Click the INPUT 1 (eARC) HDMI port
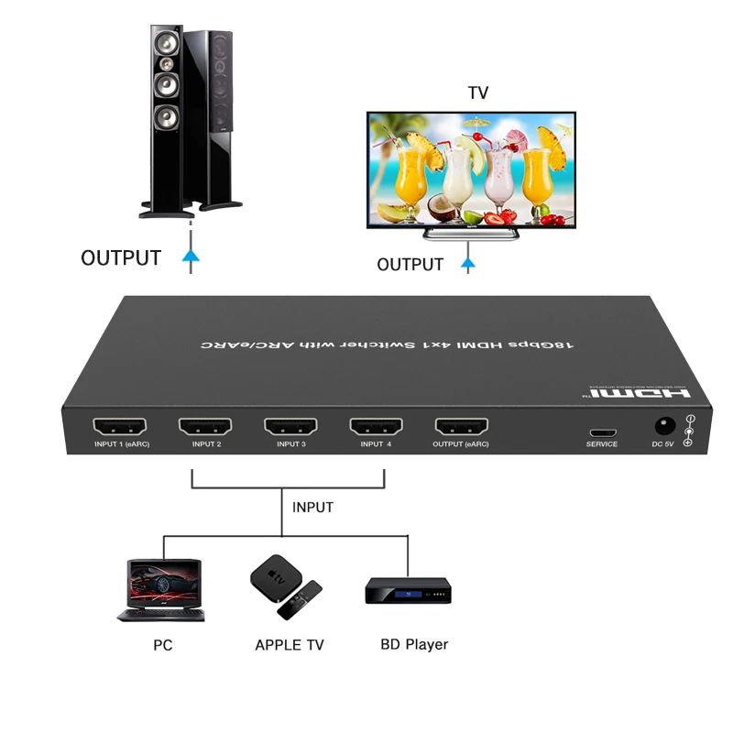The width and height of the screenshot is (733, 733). pyautogui.click(x=120, y=426)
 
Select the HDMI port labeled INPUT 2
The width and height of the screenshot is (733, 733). pyautogui.click(x=205, y=426)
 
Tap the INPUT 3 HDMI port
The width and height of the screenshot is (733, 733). pyautogui.click(x=290, y=426)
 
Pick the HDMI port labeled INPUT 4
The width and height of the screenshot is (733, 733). pyautogui.click(x=376, y=426)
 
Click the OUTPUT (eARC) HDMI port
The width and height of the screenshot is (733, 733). pyautogui.click(x=461, y=426)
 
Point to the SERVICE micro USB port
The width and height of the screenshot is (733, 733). pyautogui.click(x=602, y=432)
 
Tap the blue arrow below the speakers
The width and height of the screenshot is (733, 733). pyautogui.click(x=191, y=258)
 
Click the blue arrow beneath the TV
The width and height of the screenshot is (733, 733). pyautogui.click(x=468, y=265)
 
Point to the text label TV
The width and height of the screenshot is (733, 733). pyautogui.click(x=477, y=93)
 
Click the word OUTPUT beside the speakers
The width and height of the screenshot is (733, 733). pyautogui.click(x=121, y=258)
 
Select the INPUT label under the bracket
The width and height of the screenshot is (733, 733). pyautogui.click(x=312, y=507)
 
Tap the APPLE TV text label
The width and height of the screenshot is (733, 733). pyautogui.click(x=290, y=645)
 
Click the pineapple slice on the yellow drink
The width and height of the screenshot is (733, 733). pyautogui.click(x=417, y=142)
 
